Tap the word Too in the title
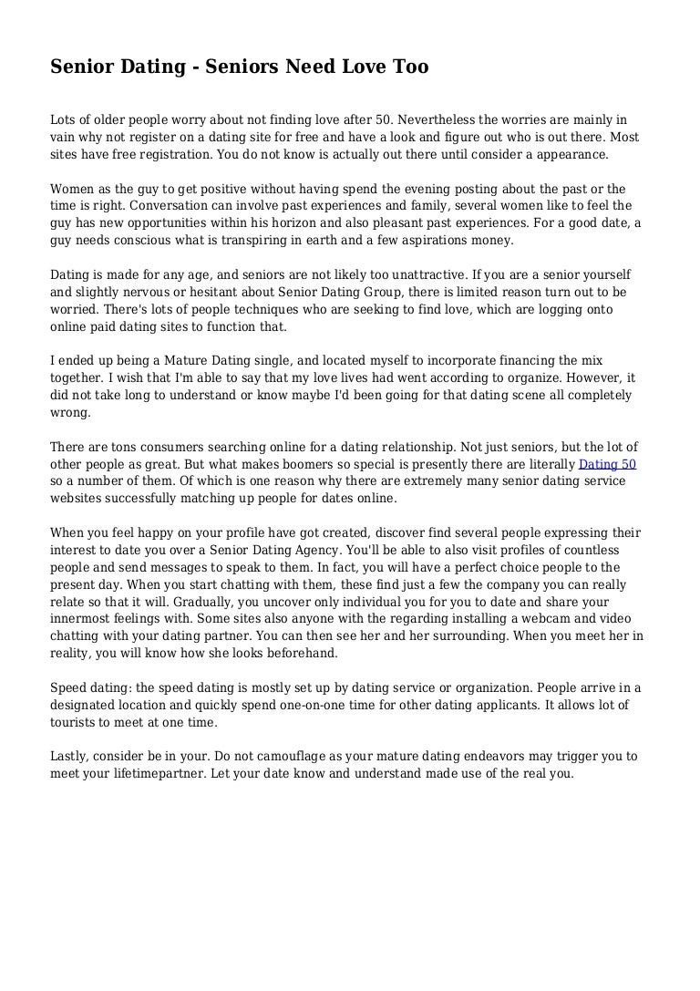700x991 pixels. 408,67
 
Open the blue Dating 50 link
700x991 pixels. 608,463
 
